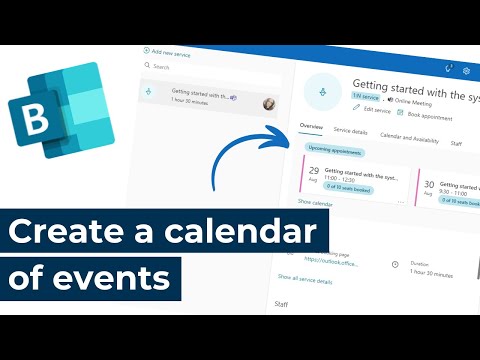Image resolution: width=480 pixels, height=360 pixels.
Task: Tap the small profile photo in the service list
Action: coord(269,104)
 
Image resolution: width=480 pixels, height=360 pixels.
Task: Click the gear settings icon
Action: coord(466,71)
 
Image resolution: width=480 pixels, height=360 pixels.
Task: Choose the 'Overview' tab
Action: coord(311,130)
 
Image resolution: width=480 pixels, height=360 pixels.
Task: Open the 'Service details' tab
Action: coord(350,132)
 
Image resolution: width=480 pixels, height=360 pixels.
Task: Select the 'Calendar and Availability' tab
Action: coord(409,137)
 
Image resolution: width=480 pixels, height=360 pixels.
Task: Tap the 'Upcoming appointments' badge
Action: coord(334,151)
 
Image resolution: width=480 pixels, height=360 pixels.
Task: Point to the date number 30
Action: coord(429,184)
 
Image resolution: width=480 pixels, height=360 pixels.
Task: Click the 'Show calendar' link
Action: coord(317,202)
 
